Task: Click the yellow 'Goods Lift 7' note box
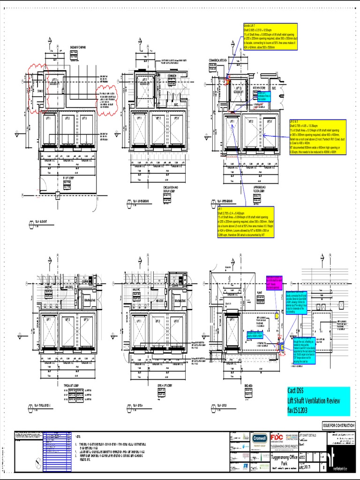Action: (x=272, y=36)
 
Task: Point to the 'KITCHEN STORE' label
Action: (x=260, y=88)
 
